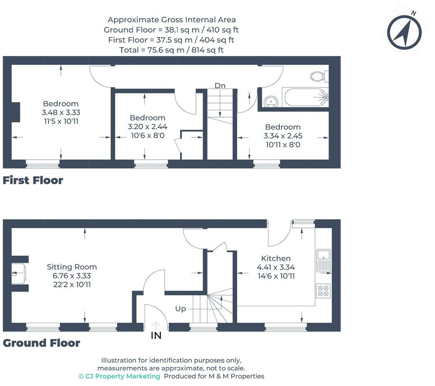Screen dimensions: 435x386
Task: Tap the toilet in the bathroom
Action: click(x=319, y=76)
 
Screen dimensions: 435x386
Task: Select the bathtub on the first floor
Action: click(x=305, y=97)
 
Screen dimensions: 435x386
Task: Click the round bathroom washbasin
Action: click(x=271, y=101)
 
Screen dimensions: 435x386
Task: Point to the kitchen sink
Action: click(x=324, y=261)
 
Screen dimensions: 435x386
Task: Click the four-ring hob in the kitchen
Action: click(x=323, y=291)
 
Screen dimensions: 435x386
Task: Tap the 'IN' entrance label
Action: click(x=156, y=335)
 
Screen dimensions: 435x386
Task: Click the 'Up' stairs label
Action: click(x=180, y=309)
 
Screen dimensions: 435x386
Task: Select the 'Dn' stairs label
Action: click(x=220, y=86)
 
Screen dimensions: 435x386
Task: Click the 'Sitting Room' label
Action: click(x=72, y=267)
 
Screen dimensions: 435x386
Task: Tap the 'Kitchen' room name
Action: click(x=276, y=258)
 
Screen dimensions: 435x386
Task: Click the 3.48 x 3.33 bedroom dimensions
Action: click(x=61, y=112)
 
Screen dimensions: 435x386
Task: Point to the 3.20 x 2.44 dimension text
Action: click(x=147, y=126)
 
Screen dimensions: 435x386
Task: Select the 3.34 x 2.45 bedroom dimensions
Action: click(x=283, y=136)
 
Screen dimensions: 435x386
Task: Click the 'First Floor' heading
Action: click(x=33, y=180)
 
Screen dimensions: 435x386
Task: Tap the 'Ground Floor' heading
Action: click(x=41, y=343)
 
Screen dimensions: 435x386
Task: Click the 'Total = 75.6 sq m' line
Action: click(x=172, y=50)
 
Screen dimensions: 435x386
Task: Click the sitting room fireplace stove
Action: click(x=18, y=274)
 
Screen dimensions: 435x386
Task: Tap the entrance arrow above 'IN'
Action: click(x=156, y=325)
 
